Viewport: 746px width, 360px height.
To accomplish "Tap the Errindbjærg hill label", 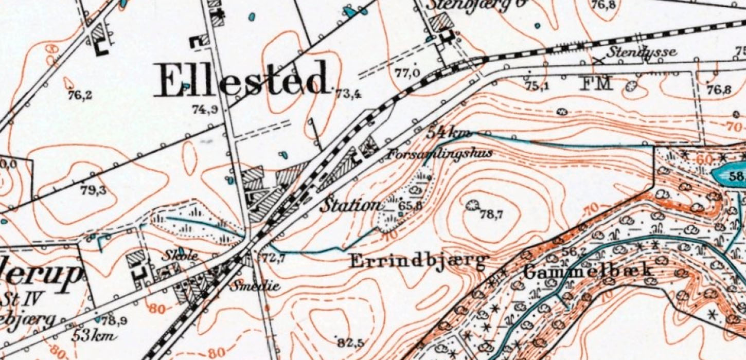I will click(418, 261).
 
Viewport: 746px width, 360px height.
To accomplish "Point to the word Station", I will click(351, 205).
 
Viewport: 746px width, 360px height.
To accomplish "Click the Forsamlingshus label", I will click(440, 153).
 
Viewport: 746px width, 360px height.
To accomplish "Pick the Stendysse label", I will click(641, 52).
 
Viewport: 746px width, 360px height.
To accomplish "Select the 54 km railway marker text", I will click(448, 133).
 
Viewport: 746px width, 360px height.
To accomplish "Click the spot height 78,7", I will click(491, 215).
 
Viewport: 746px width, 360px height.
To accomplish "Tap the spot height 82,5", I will click(350, 342).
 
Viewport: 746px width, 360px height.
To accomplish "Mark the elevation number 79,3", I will click(93, 191).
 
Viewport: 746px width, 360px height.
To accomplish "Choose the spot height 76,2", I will click(80, 95).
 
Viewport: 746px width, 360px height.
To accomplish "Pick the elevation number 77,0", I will click(407, 73).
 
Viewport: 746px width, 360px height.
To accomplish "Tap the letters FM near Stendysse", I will click(596, 83).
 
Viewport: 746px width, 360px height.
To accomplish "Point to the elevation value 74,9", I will click(205, 110).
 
